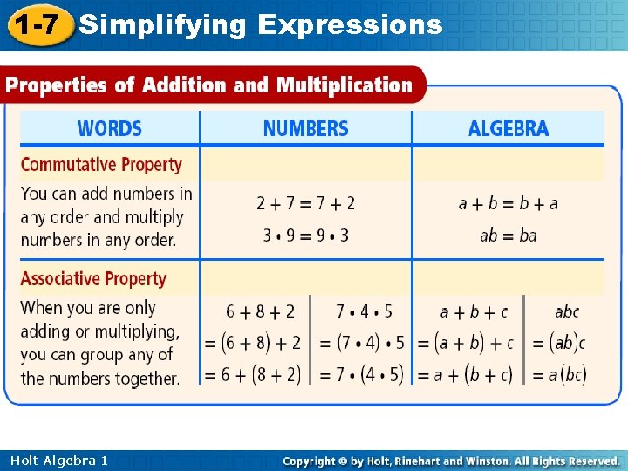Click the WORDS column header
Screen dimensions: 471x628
click(x=109, y=129)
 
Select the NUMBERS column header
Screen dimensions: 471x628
click(x=305, y=129)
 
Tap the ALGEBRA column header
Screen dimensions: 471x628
click(x=509, y=129)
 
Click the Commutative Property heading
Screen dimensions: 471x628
click(x=101, y=165)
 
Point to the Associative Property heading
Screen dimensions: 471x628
click(x=93, y=279)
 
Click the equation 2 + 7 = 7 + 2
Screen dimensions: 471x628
click(x=305, y=203)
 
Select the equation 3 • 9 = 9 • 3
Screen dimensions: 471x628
click(x=305, y=235)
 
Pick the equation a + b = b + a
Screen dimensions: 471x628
click(x=509, y=203)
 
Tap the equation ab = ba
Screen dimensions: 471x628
click(x=509, y=235)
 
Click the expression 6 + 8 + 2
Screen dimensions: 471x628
click(x=261, y=311)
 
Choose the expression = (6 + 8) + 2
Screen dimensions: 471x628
click(x=253, y=343)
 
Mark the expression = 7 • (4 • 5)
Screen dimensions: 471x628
click(x=360, y=375)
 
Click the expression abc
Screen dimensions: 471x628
click(x=567, y=311)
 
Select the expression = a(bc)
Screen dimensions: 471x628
click(x=557, y=375)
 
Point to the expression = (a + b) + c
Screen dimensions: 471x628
click(x=465, y=343)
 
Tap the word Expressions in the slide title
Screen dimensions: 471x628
click(x=351, y=24)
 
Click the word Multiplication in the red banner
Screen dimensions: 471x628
click(x=344, y=85)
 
